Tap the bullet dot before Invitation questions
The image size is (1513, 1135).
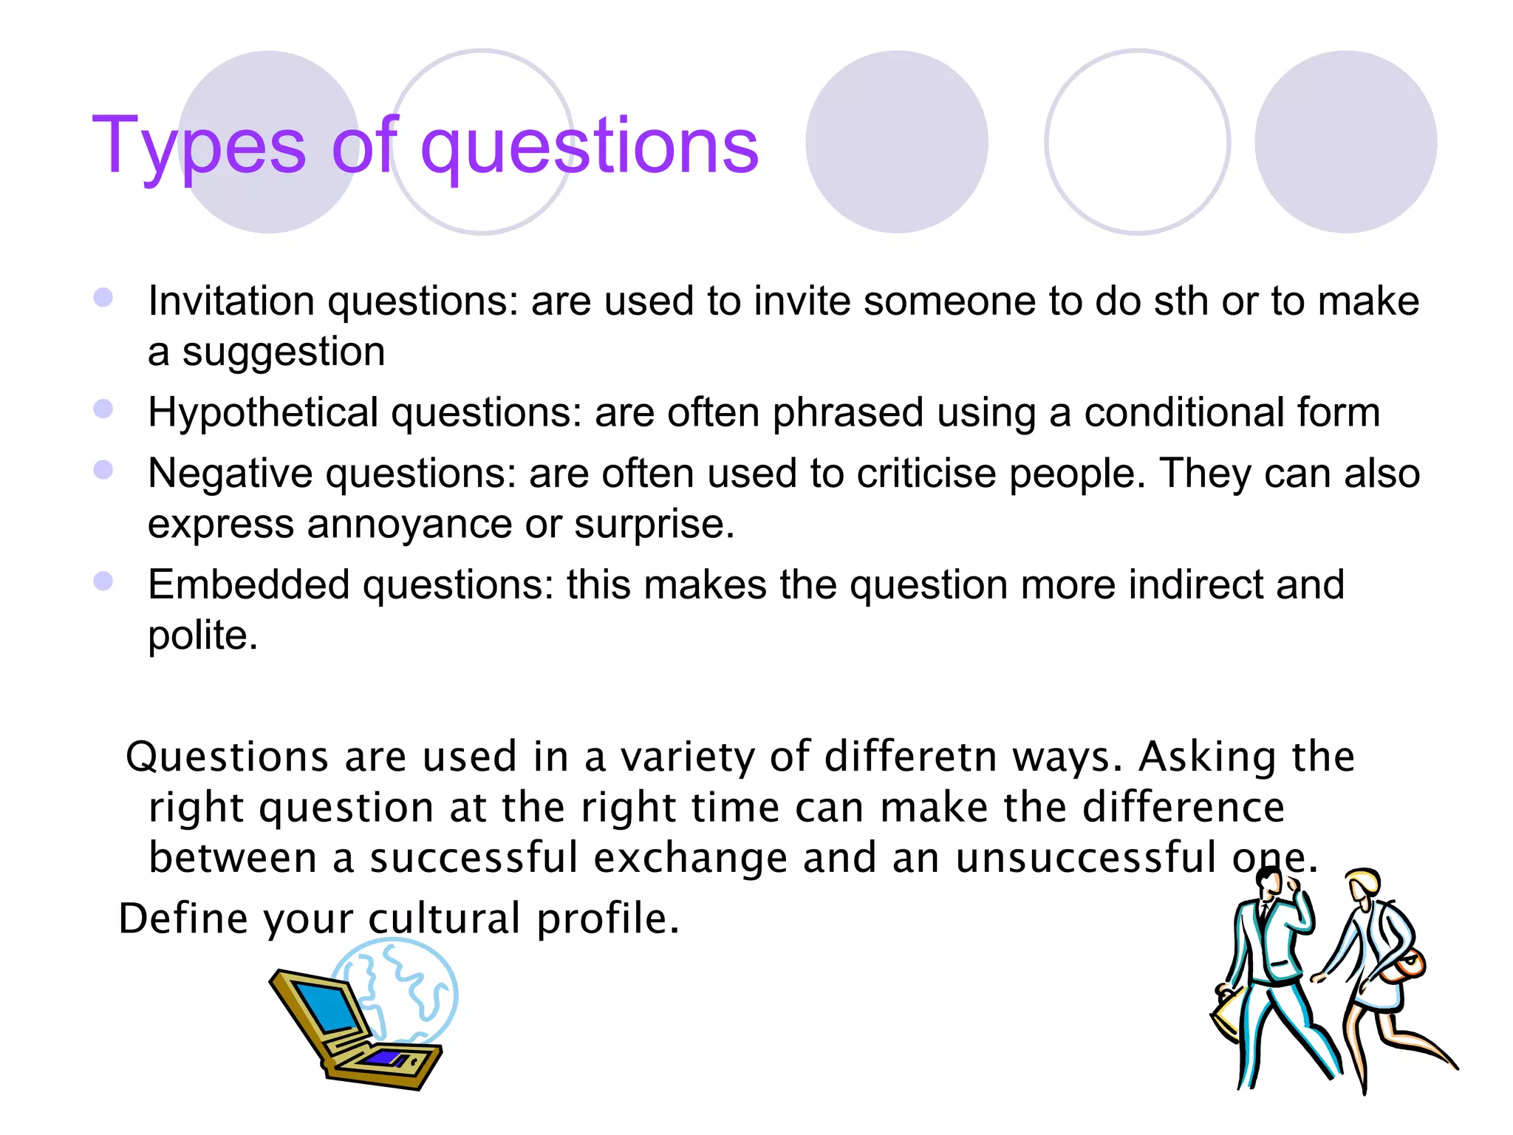coord(103,298)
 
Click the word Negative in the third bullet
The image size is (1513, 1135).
coord(230,474)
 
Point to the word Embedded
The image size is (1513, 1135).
coord(248,585)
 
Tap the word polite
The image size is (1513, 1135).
coord(202,635)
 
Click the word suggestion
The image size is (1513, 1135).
coord(284,352)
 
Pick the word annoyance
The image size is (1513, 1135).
coord(409,525)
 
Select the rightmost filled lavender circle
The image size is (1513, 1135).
coord(1345,142)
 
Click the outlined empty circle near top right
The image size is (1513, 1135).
coord(1137,142)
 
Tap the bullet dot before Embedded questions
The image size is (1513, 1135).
coord(103,582)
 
